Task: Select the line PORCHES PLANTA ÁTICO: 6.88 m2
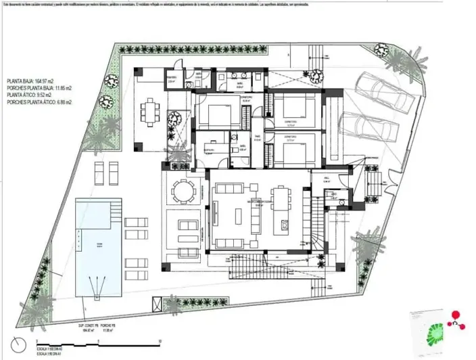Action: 39,102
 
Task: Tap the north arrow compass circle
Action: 21,342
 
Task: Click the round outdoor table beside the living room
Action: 181,191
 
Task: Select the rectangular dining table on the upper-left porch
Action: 149,110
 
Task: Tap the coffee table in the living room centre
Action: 237,216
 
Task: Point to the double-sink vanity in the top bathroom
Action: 241,75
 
